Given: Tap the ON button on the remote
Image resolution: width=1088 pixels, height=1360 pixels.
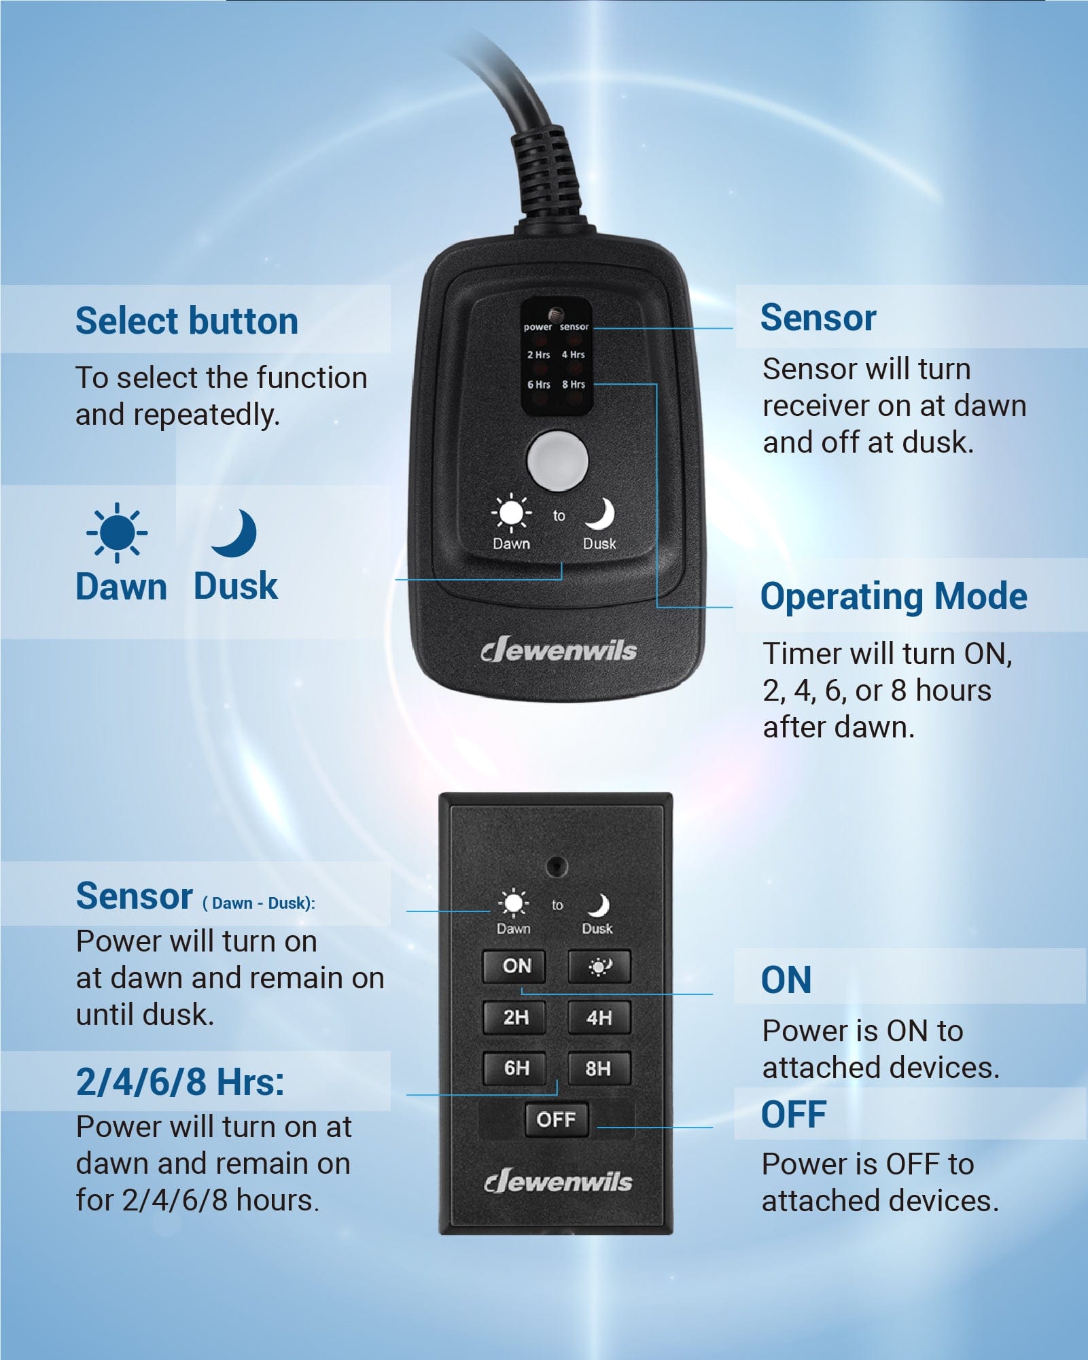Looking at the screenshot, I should (514, 966).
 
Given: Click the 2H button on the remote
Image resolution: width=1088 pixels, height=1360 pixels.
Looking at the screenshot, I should (514, 1017).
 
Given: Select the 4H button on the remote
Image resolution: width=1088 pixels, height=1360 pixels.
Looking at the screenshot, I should (599, 1017).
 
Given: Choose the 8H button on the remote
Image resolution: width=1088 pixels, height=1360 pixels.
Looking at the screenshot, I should (599, 1068).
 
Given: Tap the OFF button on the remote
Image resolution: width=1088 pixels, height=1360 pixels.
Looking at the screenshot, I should (556, 1119).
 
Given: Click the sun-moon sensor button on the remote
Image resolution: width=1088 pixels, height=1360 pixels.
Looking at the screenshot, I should (599, 966).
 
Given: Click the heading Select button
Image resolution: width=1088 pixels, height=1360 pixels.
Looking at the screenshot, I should (186, 321).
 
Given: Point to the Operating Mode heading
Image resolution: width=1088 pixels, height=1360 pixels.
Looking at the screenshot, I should (893, 596).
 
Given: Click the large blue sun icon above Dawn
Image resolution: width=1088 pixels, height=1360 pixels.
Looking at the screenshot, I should (117, 533).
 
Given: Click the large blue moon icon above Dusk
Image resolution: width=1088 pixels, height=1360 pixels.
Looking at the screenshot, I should (235, 533).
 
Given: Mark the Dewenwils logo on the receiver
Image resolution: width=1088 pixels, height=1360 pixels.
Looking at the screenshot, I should (559, 650).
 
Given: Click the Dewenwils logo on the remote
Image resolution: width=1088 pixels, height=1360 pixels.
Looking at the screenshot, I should (558, 1182).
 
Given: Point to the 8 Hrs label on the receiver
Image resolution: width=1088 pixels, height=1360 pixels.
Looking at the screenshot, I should (574, 385).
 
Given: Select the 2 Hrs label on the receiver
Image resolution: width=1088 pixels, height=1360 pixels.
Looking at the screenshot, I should (538, 355).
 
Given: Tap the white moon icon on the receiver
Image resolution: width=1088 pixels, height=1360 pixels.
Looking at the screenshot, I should (600, 514).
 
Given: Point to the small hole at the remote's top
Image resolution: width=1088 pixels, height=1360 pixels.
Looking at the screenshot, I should (557, 866).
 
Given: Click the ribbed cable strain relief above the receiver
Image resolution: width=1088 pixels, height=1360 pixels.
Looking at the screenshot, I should (547, 173).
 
